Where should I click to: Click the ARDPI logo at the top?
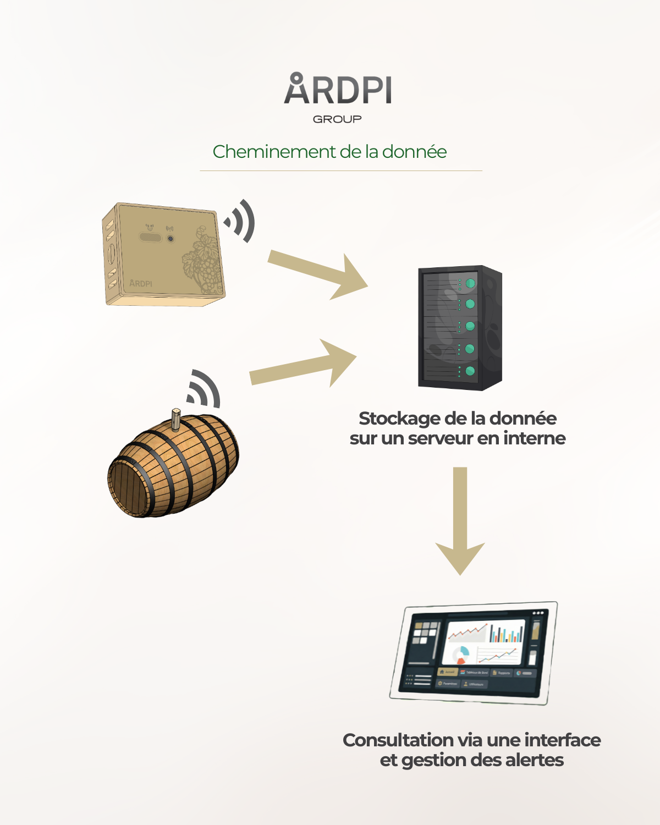338,89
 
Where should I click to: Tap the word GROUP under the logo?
337,119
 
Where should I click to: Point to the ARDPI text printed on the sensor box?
141,283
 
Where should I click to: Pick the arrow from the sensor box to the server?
319,273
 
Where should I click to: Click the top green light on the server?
470,284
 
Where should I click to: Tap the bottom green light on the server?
470,371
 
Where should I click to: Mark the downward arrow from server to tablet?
460,520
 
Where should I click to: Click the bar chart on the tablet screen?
507,633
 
